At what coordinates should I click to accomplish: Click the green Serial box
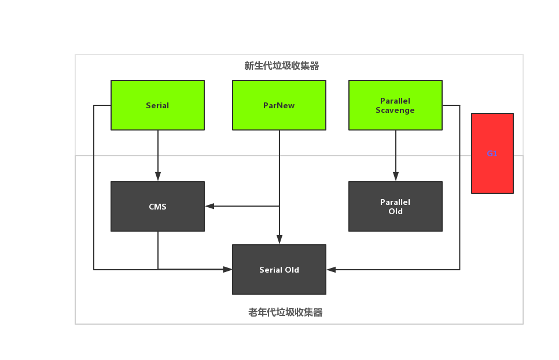coord(157,105)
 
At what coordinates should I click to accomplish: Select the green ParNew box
coord(279,105)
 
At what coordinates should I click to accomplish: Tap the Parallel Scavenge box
coord(395,105)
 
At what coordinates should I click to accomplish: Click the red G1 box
coord(492,153)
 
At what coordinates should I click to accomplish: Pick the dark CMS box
coord(157,207)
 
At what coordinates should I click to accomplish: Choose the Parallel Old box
coord(395,207)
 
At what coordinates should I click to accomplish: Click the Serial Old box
coord(279,270)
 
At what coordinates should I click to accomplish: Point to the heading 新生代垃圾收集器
coord(282,66)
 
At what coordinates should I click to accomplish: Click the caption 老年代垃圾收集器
coord(285,313)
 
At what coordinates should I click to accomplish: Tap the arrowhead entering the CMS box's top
coord(157,177)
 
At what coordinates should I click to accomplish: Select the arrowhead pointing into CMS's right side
coord(209,205)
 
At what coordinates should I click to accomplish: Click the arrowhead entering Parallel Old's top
coord(396,177)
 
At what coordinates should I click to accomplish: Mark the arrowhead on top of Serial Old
coord(279,240)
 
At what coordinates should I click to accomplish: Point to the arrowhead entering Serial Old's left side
coord(228,269)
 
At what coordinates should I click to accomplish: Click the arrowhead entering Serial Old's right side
coord(331,269)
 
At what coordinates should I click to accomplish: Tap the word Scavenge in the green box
coord(395,110)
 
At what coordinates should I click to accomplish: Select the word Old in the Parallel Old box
coord(395,212)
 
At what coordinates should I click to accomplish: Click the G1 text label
coord(492,154)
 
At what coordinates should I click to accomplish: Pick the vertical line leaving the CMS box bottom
coord(158,250)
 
